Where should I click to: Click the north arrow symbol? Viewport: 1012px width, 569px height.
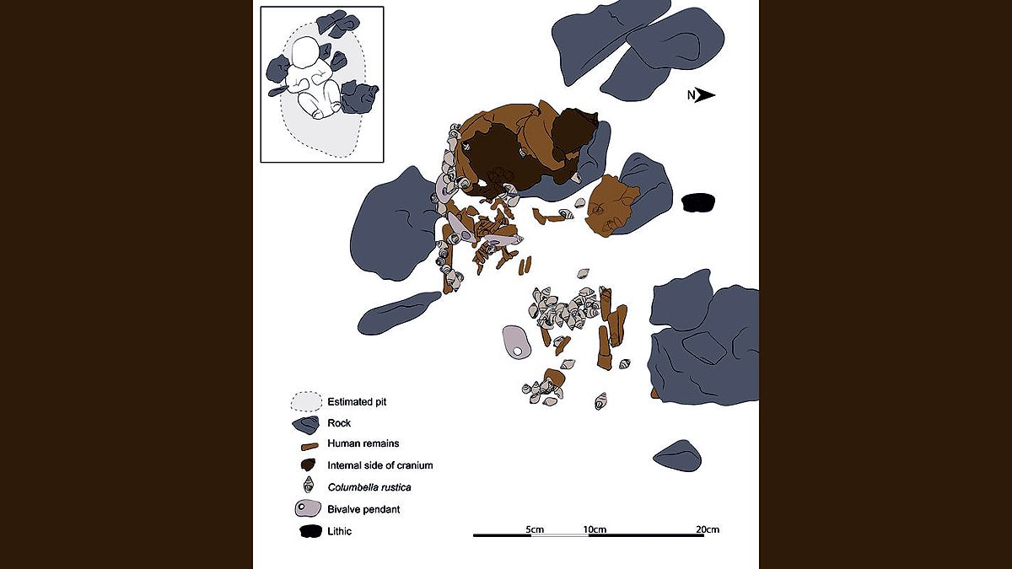point(706,95)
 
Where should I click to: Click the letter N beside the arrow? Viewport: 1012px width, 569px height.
point(691,95)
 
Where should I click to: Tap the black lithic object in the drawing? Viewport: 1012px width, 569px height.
point(697,202)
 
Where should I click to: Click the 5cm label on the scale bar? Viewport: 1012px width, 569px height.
point(534,529)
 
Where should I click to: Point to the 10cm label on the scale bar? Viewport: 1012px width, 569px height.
point(595,529)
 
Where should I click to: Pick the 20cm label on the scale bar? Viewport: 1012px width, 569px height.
point(708,529)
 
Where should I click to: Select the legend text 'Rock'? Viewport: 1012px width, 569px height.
point(339,422)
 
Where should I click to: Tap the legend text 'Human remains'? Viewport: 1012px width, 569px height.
point(363,443)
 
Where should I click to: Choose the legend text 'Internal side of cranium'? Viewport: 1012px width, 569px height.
point(379,465)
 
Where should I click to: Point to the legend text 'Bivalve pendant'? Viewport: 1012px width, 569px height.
point(364,509)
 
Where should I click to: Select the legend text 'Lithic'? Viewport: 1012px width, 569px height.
point(340,531)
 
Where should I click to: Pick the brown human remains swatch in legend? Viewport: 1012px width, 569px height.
point(309,444)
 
